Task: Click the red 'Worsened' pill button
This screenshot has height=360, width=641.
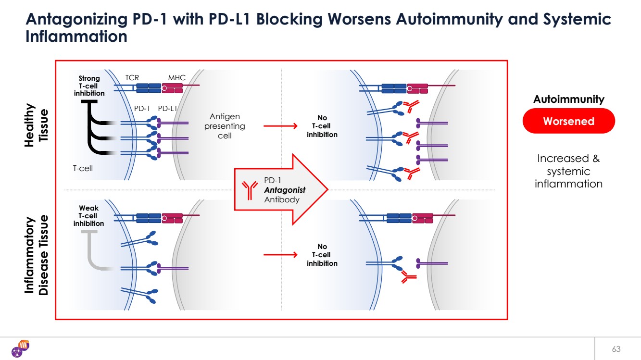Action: (568, 121)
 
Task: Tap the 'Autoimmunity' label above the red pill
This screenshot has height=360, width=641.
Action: (568, 99)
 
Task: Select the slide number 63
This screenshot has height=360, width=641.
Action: (616, 348)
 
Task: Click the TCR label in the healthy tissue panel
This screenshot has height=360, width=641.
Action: (132, 78)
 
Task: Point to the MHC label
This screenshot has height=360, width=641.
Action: (176, 78)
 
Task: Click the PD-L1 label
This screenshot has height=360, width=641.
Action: (168, 108)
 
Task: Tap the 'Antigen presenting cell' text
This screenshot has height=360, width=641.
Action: (225, 126)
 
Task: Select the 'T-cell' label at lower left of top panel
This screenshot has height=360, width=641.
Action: (83, 168)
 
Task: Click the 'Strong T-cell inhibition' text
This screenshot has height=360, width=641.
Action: (89, 86)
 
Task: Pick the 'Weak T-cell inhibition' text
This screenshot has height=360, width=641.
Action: (88, 216)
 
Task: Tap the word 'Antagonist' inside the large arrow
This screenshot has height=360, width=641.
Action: (285, 190)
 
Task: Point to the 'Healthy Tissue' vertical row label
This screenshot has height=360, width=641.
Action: (36, 125)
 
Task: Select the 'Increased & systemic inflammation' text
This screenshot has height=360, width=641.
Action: (568, 171)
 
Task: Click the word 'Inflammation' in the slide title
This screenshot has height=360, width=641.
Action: (76, 37)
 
